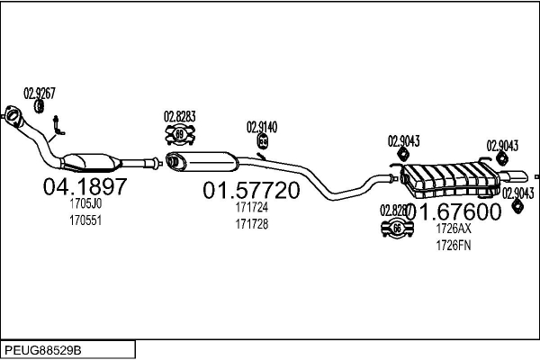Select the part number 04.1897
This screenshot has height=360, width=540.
[85, 187]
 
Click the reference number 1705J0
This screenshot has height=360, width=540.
[85, 204]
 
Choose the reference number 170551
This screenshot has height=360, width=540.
[85, 220]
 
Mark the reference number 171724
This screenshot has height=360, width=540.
[252, 207]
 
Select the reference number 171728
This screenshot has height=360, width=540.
[252, 222]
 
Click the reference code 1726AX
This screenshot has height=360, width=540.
[454, 229]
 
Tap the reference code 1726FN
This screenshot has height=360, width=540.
[454, 245]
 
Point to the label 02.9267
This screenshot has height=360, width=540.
[40, 92]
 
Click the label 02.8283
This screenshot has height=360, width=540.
[179, 116]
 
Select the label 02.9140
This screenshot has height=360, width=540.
[263, 127]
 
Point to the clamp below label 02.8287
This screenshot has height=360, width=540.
[397, 229]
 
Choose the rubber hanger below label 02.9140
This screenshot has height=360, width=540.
[263, 142]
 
